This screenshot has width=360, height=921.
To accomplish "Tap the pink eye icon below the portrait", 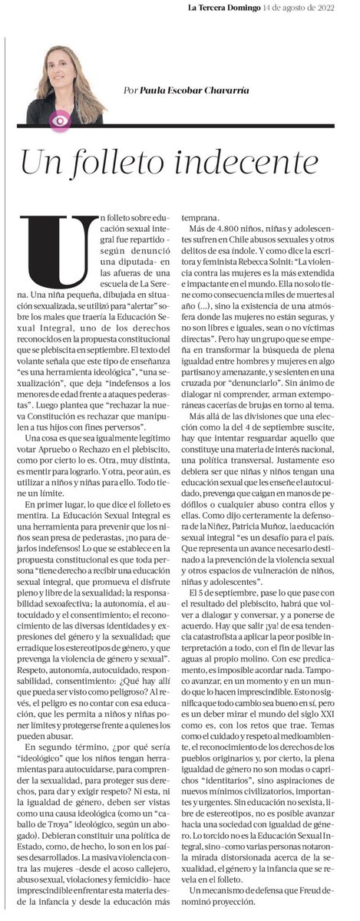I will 59,120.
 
